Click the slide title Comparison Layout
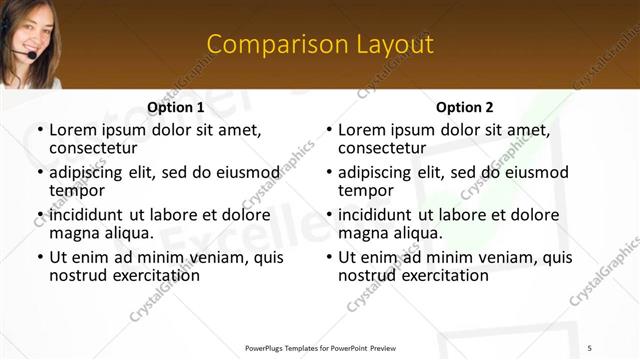[320, 44]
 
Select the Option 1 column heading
[175, 107]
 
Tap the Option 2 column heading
[464, 107]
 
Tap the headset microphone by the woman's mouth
[32, 57]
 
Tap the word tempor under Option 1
[77, 190]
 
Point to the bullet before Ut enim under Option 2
[329, 257]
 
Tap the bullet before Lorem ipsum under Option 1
[39, 129]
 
